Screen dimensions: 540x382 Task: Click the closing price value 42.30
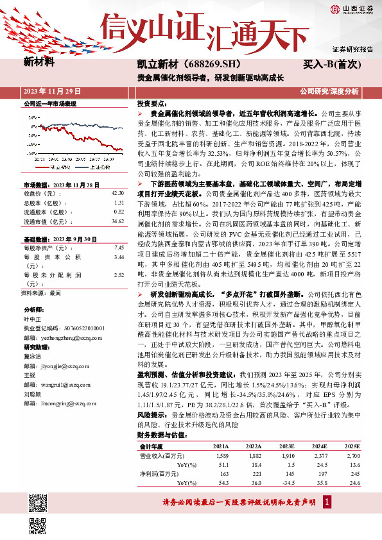click(117, 193)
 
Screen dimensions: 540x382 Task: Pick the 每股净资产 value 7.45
click(118, 247)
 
